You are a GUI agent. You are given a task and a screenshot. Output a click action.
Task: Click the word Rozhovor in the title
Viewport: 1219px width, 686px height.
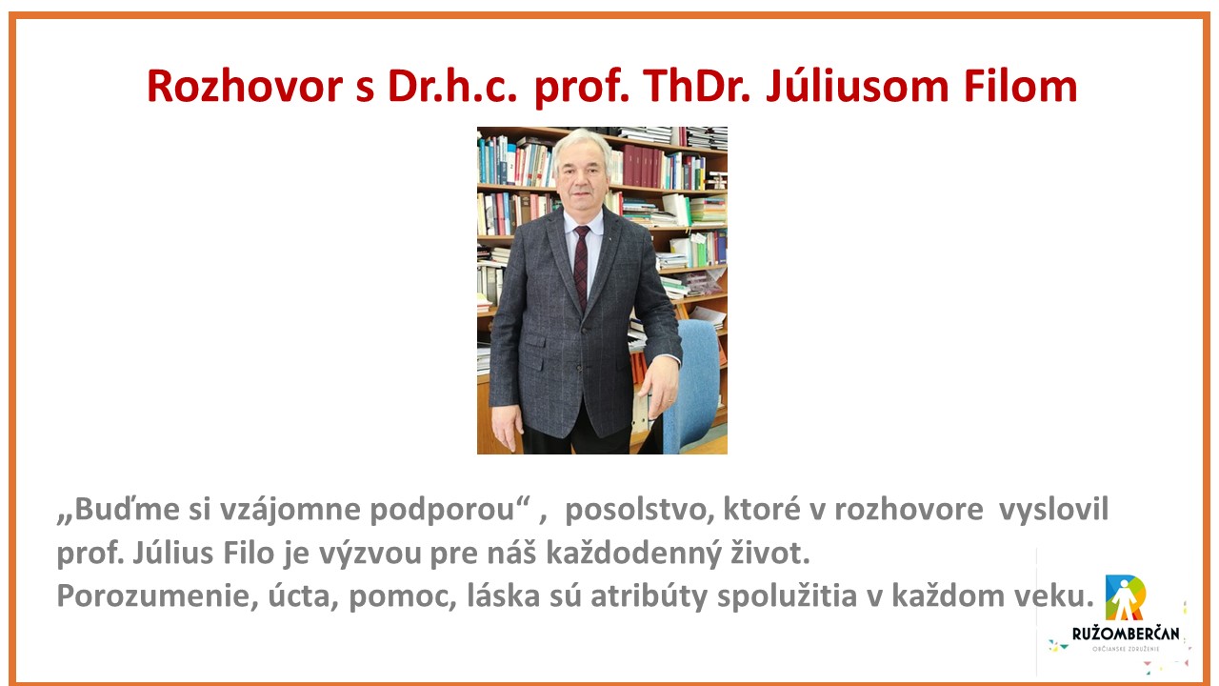245,87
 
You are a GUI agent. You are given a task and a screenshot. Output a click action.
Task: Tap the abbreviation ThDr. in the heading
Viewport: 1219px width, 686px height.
696,87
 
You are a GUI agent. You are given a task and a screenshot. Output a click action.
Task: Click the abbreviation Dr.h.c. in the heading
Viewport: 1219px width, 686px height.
451,87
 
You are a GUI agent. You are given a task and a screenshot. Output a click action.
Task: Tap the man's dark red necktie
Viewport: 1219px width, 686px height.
581,266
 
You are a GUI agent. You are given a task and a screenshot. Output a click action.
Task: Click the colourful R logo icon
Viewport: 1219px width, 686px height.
1126,597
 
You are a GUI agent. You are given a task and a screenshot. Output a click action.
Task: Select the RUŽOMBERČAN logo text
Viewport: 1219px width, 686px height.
1126,634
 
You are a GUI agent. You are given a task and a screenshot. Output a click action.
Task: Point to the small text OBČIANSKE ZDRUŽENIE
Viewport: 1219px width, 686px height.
1126,649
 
